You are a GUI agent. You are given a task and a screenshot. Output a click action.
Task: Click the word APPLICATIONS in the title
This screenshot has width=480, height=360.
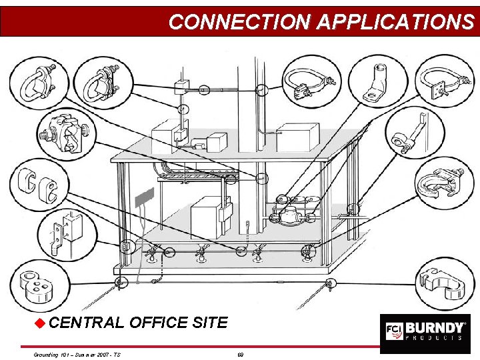click(x=395, y=21)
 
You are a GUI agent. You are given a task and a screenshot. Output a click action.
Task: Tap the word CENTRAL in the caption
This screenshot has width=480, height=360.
click(x=86, y=323)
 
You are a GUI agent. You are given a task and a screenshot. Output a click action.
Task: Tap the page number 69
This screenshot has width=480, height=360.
click(x=240, y=354)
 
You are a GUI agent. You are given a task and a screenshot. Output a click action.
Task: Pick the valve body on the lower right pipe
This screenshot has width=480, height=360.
click(x=288, y=216)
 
